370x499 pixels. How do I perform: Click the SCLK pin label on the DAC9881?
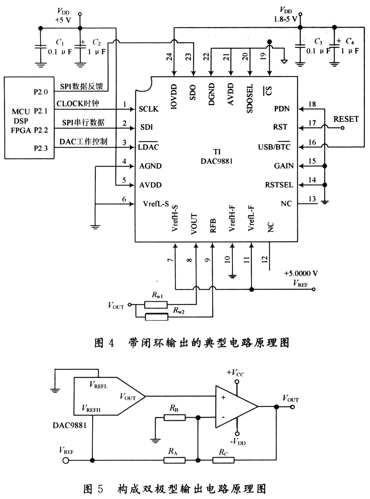coord(148,109)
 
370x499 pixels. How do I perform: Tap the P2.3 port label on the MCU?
coord(41,148)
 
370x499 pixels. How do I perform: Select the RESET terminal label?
coord(346,119)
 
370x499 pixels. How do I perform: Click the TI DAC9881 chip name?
coord(217,157)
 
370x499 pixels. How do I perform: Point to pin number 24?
coord(169,57)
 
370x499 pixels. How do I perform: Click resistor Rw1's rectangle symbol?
coord(156,305)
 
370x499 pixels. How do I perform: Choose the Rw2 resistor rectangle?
coord(157,317)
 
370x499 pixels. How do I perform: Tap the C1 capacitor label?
coord(60,42)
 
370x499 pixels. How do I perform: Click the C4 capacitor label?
coord(350,41)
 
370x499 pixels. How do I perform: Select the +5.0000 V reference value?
coord(301,273)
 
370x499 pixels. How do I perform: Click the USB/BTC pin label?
coord(274,147)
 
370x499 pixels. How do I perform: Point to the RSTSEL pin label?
coord(279,185)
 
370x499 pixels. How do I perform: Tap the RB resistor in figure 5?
coord(175,418)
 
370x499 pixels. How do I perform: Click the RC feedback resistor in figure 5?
coord(223,460)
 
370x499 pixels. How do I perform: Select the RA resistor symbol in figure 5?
coord(175,460)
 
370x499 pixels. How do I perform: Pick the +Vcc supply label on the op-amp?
coord(235,373)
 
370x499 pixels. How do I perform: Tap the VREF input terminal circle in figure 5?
coord(66,460)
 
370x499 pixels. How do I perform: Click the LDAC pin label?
coord(148,147)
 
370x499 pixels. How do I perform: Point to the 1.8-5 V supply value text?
coord(285,19)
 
